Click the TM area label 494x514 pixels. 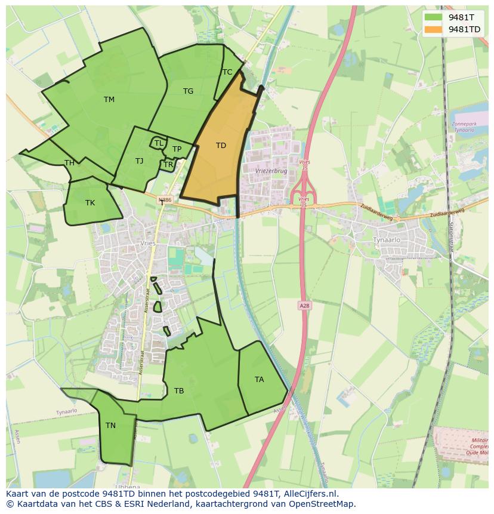tap(109, 100)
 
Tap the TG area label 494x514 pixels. tap(188, 91)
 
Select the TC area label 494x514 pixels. tap(227, 72)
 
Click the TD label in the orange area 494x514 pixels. tap(221, 146)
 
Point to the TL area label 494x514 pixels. tap(159, 143)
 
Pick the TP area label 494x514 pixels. tap(177, 149)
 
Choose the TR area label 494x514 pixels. tap(168, 165)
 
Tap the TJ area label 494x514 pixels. tap(139, 161)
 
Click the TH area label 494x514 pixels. tap(69, 163)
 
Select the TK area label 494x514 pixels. tap(89, 203)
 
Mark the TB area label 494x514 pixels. tap(179, 391)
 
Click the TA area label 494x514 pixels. tap(259, 380)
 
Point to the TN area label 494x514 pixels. tap(110, 426)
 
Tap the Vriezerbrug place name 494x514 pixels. tap(271, 170)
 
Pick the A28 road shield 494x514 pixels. tap(304, 305)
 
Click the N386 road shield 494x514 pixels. tap(165, 201)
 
